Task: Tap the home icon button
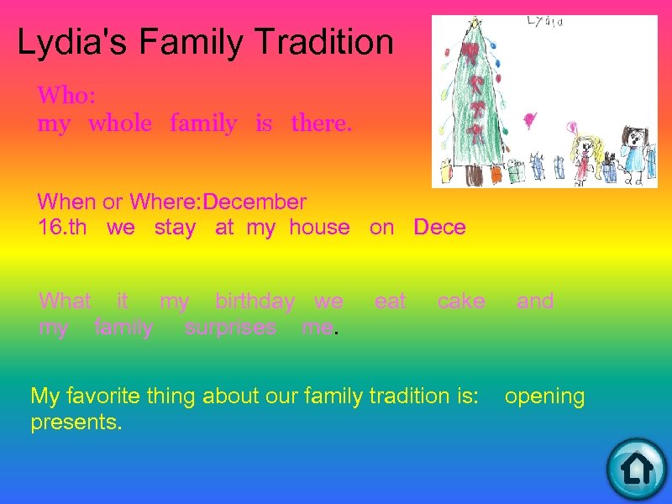(x=636, y=469)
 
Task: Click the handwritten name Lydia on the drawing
(x=545, y=22)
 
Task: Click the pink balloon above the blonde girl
(x=574, y=128)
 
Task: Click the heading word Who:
(x=66, y=95)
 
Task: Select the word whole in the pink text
(x=120, y=124)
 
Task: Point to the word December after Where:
(x=255, y=202)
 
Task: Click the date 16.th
(x=62, y=227)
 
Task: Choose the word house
(x=319, y=227)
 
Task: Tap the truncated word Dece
(x=439, y=227)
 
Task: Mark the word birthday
(x=255, y=301)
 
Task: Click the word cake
(x=461, y=301)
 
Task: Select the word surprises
(x=230, y=328)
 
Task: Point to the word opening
(x=544, y=396)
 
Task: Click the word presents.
(x=76, y=422)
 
